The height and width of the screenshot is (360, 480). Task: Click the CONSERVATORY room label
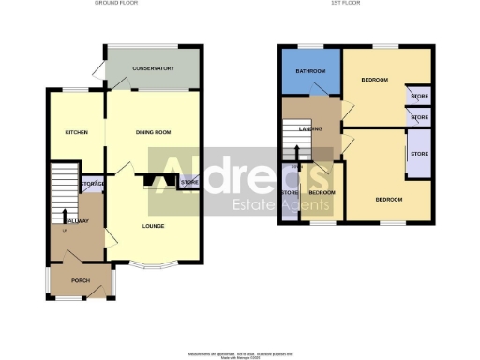click(x=153, y=68)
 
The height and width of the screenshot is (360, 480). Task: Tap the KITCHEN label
click(x=76, y=132)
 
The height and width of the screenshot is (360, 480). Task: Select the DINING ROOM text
click(x=153, y=132)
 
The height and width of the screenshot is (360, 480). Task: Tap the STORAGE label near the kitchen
click(x=92, y=184)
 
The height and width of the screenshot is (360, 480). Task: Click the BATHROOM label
click(x=310, y=72)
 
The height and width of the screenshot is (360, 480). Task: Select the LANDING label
click(x=311, y=129)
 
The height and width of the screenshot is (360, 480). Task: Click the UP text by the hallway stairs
click(x=65, y=231)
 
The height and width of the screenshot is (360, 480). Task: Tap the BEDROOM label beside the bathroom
click(x=374, y=80)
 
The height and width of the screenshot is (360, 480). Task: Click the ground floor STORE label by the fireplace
click(x=188, y=182)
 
